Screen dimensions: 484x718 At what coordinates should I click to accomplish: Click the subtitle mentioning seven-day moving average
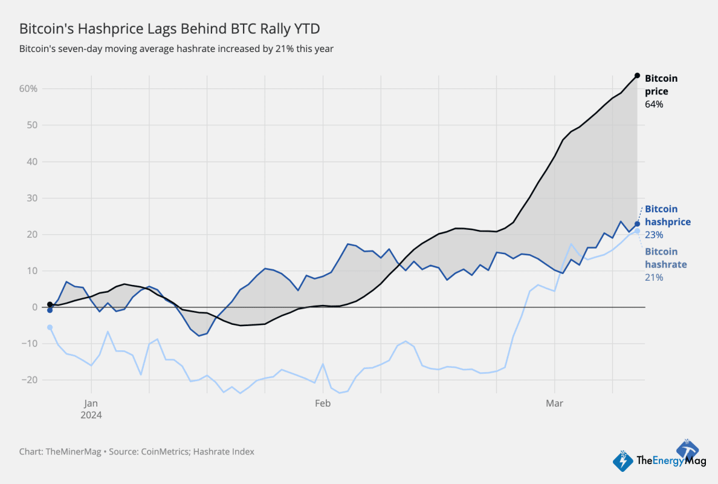tap(176, 48)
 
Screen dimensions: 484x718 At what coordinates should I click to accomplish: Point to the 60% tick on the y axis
tap(28, 89)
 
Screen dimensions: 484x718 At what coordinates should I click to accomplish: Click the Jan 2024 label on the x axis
tap(91, 408)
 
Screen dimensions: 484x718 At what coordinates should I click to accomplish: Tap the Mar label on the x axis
tap(554, 402)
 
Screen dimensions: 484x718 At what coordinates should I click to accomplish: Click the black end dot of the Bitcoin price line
tap(637, 76)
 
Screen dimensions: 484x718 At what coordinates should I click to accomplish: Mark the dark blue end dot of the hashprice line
tap(637, 224)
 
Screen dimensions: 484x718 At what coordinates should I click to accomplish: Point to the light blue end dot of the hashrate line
tap(637, 231)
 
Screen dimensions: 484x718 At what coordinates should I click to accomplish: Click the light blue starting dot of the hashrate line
tap(50, 327)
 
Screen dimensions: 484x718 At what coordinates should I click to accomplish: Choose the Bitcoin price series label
tap(661, 85)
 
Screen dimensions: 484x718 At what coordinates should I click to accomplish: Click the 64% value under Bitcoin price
tap(654, 105)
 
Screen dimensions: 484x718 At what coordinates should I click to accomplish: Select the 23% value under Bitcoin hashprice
tap(654, 235)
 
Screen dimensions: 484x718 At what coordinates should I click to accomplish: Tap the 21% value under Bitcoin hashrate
tap(654, 277)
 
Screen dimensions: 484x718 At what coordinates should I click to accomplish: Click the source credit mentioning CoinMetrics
tap(137, 451)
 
